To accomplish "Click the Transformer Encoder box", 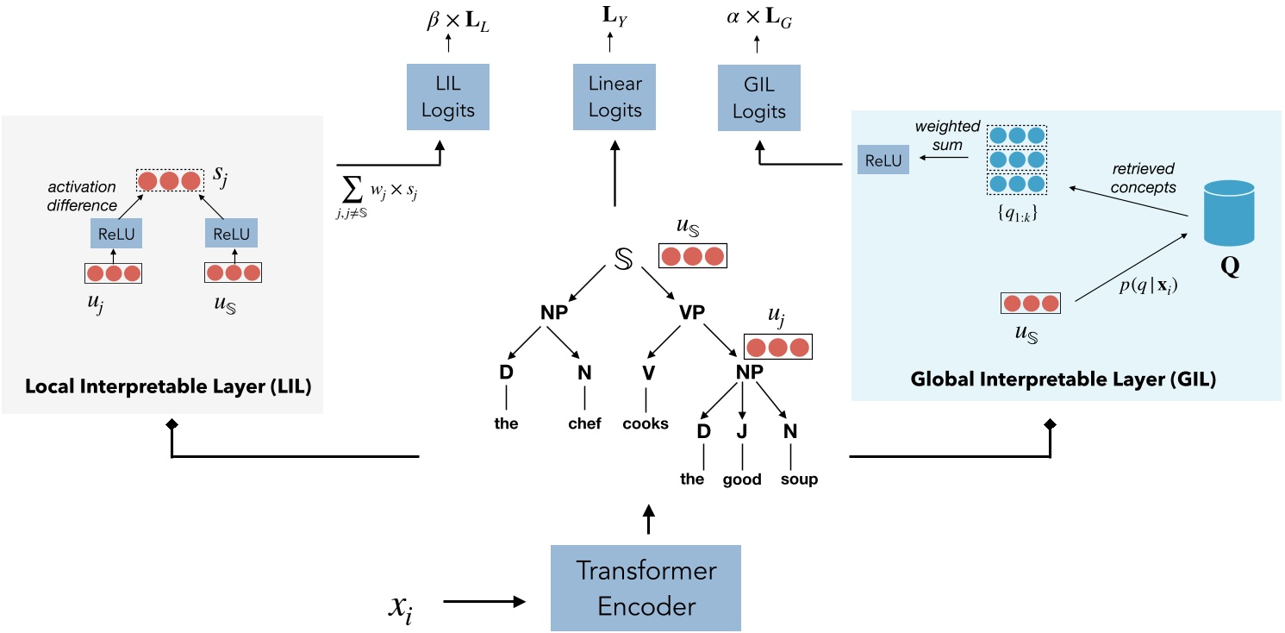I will coord(646,588).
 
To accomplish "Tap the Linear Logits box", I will coord(614,97).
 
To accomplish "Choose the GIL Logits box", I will coord(758,97).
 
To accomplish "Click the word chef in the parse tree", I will coord(584,423).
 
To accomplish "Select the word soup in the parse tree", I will coord(799,479).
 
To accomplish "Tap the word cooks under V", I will coord(646,423).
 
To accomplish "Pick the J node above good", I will coord(742,431).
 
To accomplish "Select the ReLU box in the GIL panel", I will coord(883,160).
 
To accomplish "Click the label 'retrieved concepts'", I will coord(1143,178).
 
